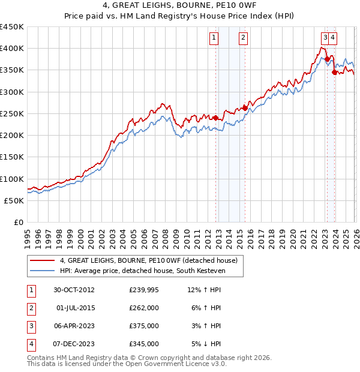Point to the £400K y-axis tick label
[x=11, y=49]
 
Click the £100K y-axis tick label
[x=11, y=179]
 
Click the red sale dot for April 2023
[x=326, y=59]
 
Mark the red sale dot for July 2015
[x=245, y=108]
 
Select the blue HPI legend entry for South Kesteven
[x=144, y=271]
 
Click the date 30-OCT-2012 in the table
[x=74, y=290]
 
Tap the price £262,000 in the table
[x=144, y=308]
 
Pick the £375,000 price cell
[x=144, y=326]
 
